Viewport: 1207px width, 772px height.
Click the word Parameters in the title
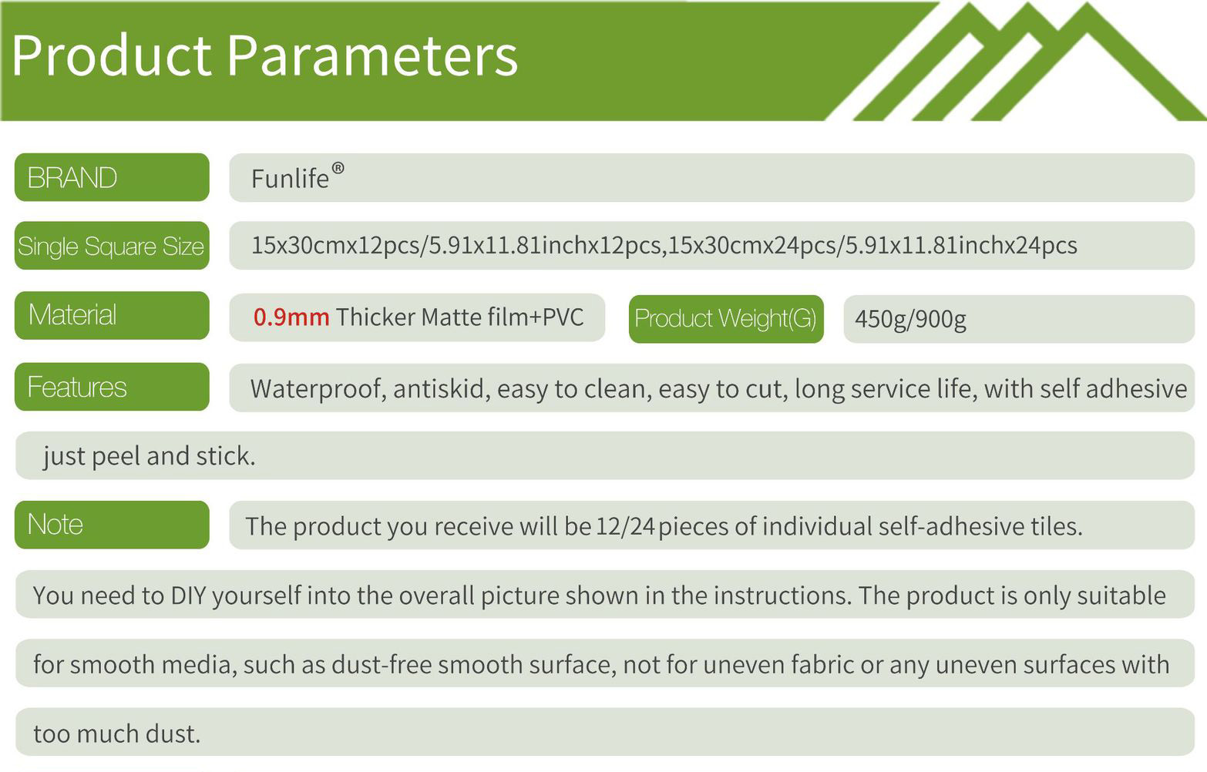372,56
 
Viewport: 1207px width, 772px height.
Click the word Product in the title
112,55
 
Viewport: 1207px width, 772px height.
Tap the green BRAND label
112,177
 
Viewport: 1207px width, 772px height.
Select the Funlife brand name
290,178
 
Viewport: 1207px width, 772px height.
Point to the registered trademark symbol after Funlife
338,168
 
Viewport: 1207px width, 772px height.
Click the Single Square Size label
112,246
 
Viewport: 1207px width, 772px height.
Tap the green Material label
112,315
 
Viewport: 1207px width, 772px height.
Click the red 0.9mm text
291,317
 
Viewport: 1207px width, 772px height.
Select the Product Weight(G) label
726,318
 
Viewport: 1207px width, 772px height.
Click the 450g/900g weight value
910,319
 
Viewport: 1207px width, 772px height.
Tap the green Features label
112,387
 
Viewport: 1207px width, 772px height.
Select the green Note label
112,525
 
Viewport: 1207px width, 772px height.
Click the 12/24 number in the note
625,526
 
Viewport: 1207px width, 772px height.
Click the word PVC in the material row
563,317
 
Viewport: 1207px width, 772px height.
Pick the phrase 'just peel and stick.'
150,456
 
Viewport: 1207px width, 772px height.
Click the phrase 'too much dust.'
117,733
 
